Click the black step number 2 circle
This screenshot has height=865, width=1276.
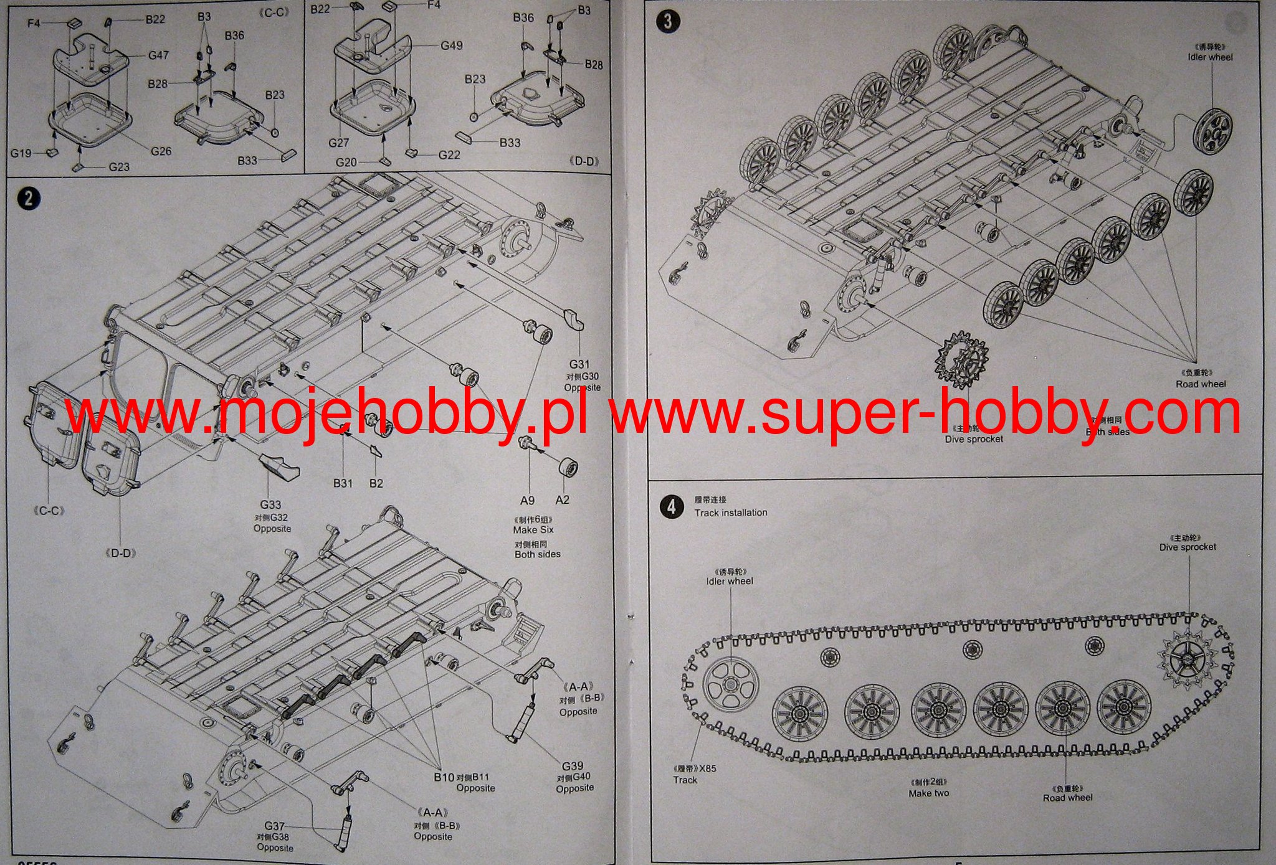click(x=28, y=199)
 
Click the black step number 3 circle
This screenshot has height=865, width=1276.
click(x=667, y=21)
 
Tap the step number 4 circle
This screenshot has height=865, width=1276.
click(x=670, y=506)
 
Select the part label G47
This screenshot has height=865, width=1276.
click(x=158, y=55)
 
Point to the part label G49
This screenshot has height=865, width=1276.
click(x=451, y=45)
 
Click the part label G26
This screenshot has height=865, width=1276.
click(x=161, y=151)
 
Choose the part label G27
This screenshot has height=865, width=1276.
click(x=338, y=143)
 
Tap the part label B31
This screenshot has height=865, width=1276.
click(x=343, y=483)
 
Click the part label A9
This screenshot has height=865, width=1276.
click(x=527, y=500)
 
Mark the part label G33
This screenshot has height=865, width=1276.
click(x=270, y=505)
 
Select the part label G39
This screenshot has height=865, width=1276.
click(x=572, y=766)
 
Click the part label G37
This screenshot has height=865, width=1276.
click(x=274, y=826)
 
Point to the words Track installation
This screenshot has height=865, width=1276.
click(x=731, y=513)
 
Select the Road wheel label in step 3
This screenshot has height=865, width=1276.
click(x=1201, y=384)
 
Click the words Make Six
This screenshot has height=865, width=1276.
click(x=533, y=530)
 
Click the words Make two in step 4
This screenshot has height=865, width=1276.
click(x=928, y=793)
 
